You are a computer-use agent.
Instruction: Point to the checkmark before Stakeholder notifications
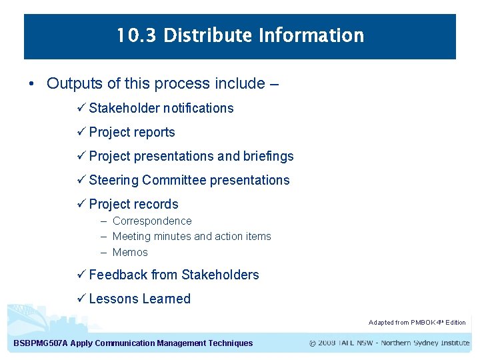point(82,108)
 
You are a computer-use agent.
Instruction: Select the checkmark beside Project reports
point(82,132)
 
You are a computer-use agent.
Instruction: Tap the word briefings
point(269,156)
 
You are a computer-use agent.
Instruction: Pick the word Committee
point(175,180)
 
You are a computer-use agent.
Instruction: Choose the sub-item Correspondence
point(152,221)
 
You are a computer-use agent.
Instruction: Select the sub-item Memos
point(130,253)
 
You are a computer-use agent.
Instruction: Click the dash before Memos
point(105,253)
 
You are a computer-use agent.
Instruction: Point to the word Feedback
point(118,275)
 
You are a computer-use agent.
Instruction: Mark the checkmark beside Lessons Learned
point(82,299)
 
